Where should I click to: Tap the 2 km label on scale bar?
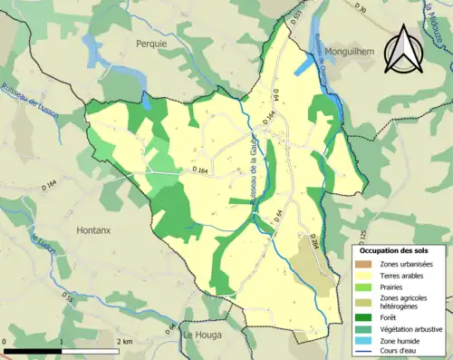[125, 341]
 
